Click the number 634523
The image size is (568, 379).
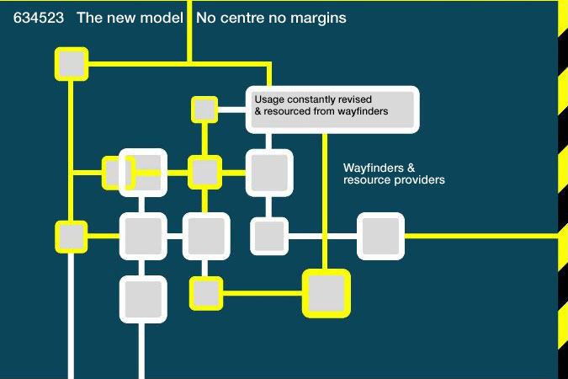39,18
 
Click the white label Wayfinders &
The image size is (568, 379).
379,168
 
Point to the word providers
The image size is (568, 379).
422,180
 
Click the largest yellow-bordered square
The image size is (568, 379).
326,293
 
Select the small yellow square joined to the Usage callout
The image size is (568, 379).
204,109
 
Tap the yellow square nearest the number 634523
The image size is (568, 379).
72,64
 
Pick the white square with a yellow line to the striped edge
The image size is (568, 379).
380,236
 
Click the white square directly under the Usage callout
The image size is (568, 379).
269,173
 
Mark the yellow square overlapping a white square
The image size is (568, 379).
118,173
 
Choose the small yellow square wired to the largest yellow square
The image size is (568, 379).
206,293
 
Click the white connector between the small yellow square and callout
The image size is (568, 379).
232,109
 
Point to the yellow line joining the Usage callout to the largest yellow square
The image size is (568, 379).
325,201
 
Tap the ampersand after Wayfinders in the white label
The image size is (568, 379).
411,168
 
